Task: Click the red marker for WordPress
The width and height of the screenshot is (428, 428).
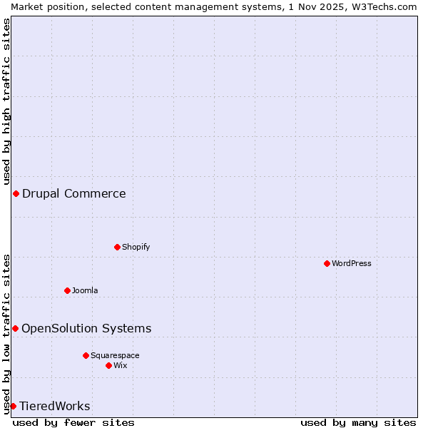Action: tap(327, 263)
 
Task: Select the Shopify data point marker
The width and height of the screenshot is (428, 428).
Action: tap(117, 247)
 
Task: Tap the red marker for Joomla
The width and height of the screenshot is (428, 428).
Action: tap(67, 290)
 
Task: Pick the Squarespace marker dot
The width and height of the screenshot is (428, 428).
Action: tap(86, 355)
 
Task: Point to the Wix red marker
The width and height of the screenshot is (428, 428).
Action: tap(108, 365)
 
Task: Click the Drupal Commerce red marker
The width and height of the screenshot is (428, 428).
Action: tap(16, 193)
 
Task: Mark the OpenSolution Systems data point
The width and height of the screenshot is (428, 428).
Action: tap(15, 328)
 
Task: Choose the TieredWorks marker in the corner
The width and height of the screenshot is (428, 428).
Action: tap(13, 406)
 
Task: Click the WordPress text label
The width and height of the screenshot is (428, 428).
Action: tap(352, 263)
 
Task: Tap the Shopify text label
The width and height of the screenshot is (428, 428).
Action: tap(136, 247)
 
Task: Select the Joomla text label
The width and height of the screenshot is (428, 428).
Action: tap(85, 290)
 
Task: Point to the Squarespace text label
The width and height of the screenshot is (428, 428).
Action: tap(115, 355)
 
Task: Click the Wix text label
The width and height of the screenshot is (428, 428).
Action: tap(121, 365)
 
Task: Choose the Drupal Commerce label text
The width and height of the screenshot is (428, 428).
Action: tap(74, 193)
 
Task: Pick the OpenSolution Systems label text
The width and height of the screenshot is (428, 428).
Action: tap(86, 328)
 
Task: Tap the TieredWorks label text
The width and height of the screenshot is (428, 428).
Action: tap(55, 406)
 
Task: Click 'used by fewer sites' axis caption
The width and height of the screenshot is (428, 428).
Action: tap(73, 422)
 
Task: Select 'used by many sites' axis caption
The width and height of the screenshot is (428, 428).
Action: tap(358, 422)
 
